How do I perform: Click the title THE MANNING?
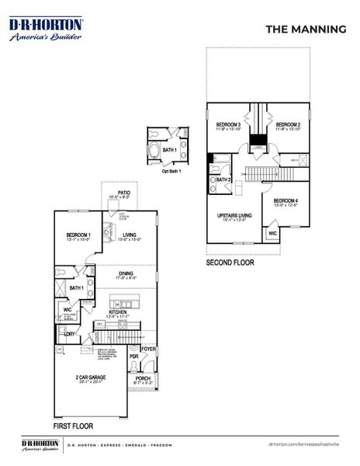(306, 29)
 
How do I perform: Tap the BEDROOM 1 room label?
(78, 235)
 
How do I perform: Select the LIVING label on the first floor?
(130, 235)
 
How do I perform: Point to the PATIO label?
(124, 192)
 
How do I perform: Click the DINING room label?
(125, 273)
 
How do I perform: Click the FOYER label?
(148, 349)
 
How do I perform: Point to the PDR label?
(133, 357)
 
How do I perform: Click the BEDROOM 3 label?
(228, 124)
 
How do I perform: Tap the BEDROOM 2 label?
(288, 124)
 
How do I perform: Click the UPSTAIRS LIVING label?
(231, 215)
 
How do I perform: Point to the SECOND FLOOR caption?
(230, 263)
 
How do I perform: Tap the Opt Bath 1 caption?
(171, 171)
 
